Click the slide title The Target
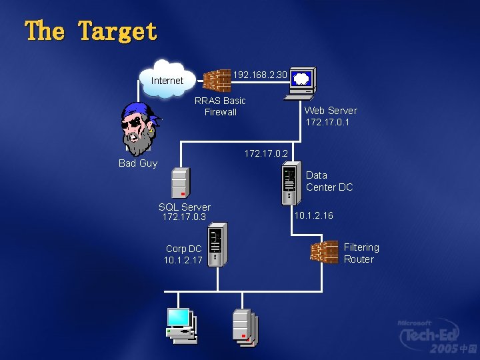pyautogui.click(x=91, y=31)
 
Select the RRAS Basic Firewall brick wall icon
pyautogui.click(x=217, y=81)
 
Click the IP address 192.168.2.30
pyautogui.click(x=260, y=75)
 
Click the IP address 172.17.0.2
pyautogui.click(x=266, y=153)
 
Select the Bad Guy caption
pyautogui.click(x=138, y=163)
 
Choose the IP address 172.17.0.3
pyautogui.click(x=184, y=217)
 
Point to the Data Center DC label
pyautogui.click(x=329, y=181)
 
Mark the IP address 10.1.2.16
pyautogui.click(x=313, y=216)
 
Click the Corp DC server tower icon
pyautogui.click(x=215, y=246)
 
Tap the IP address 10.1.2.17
pyautogui.click(x=183, y=260)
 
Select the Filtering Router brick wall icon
pyautogui.click(x=324, y=252)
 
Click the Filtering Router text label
pyautogui.click(x=361, y=253)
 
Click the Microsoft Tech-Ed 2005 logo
pyautogui.click(x=437, y=336)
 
